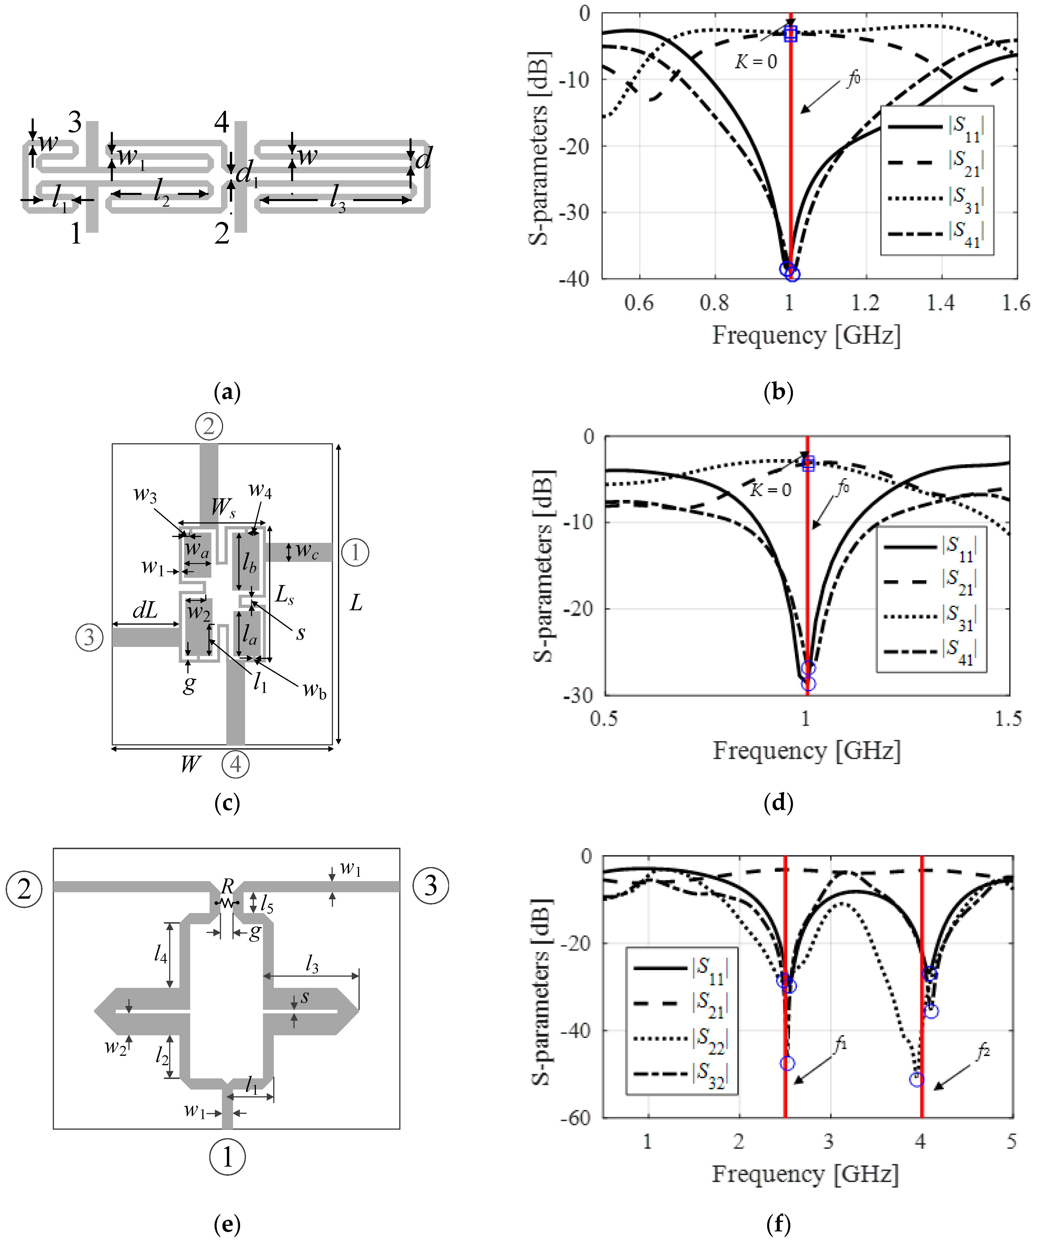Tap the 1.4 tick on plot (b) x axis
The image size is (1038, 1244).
(x=941, y=303)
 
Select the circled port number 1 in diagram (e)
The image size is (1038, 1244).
(x=227, y=1157)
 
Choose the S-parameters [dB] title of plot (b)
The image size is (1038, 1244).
(x=539, y=148)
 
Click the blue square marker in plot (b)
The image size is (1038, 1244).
(x=790, y=34)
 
